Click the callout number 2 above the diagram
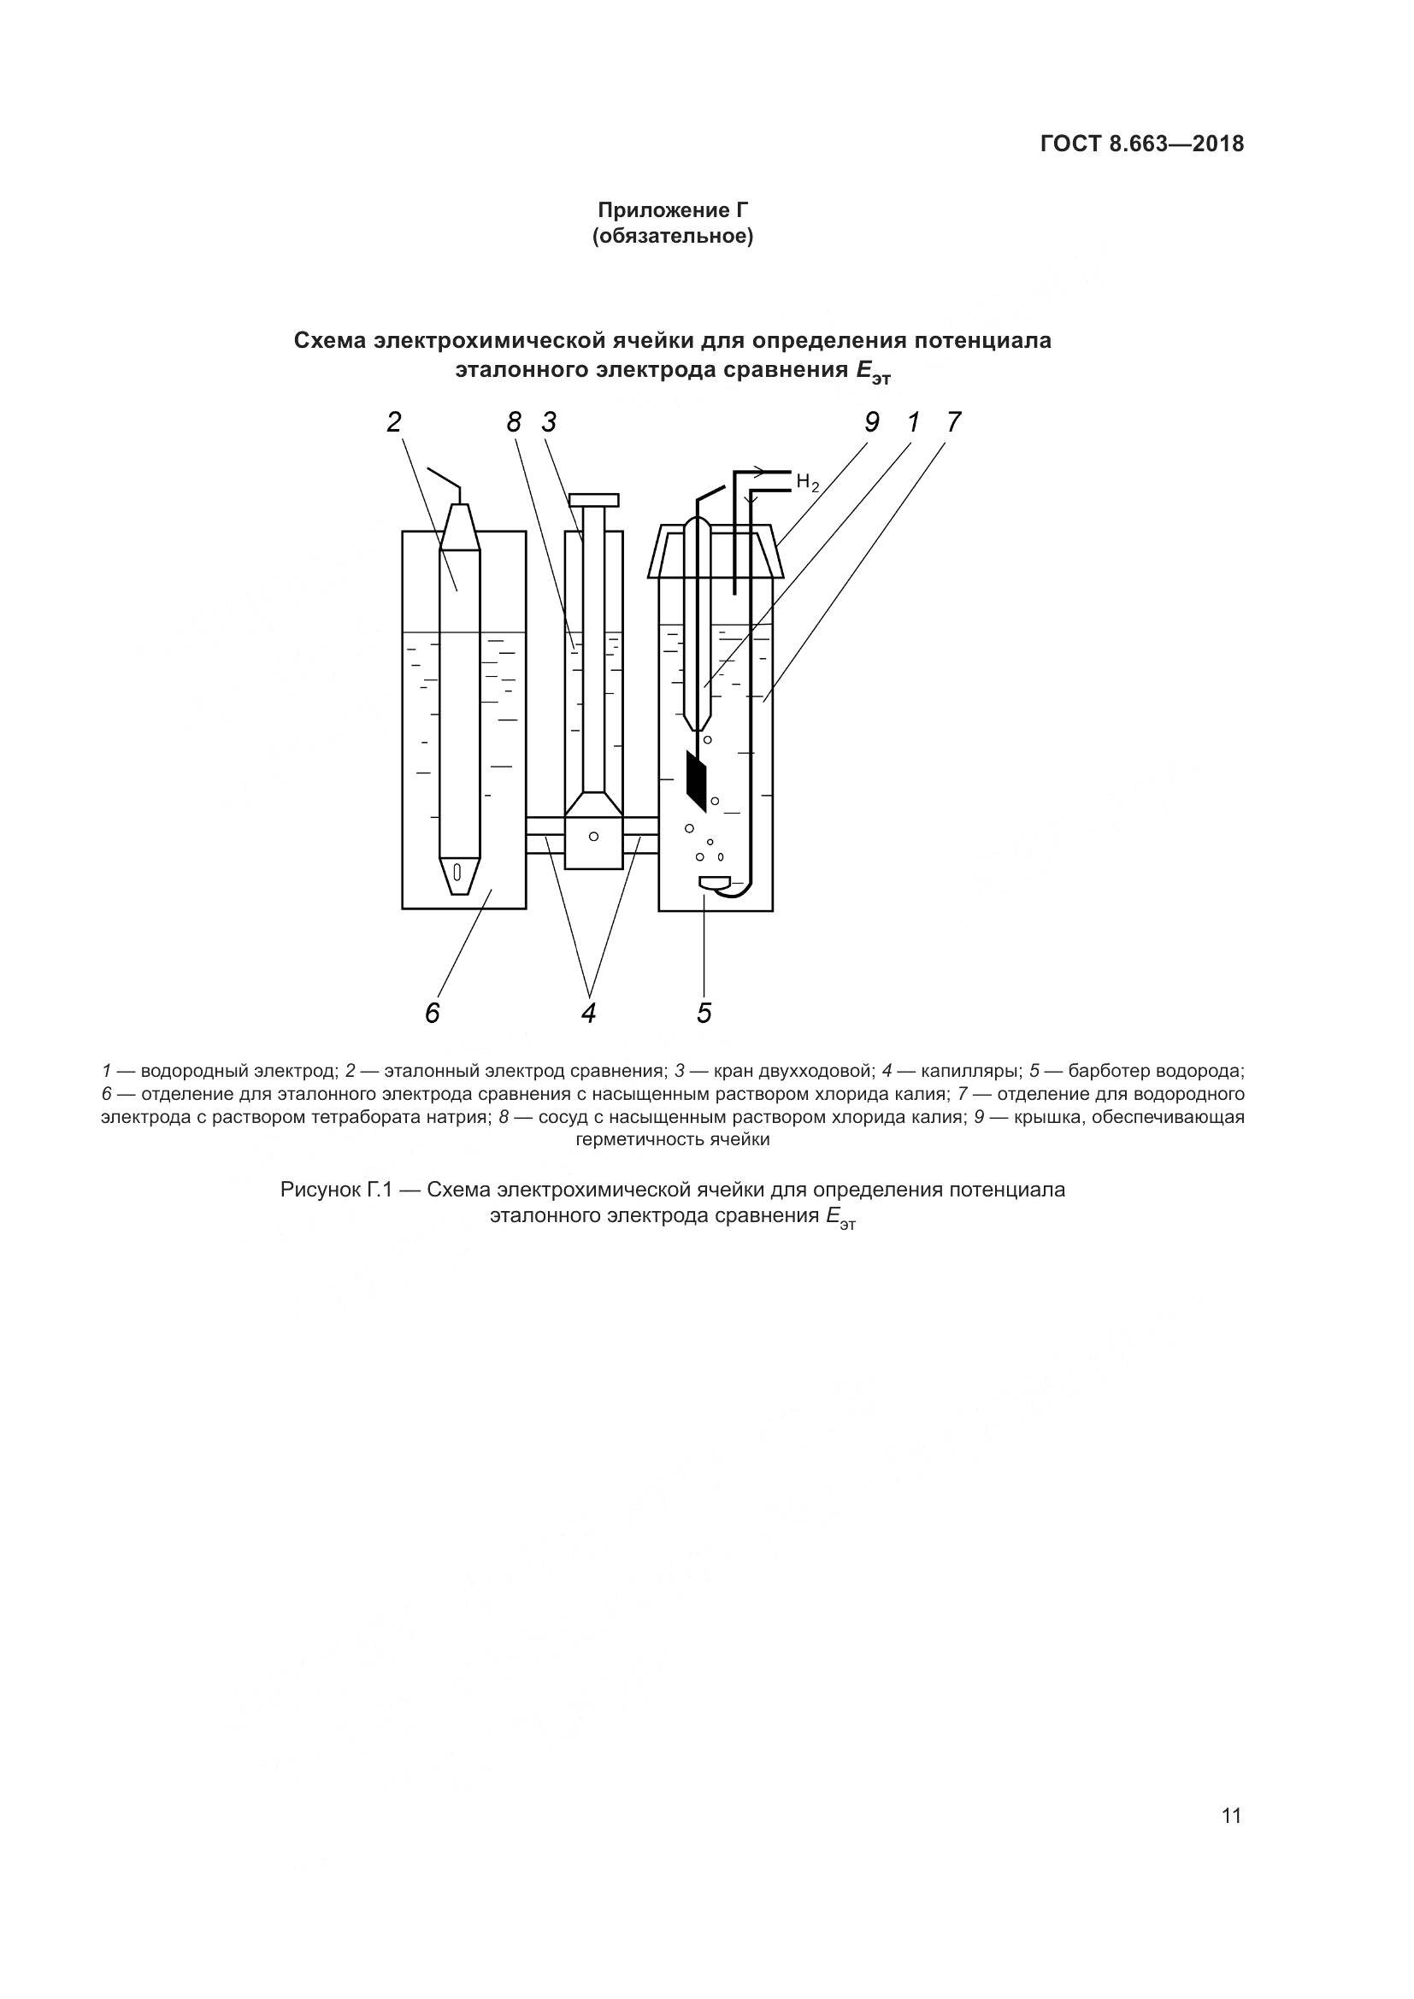394,422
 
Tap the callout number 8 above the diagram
514,422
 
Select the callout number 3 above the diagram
549,422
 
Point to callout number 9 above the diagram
871,422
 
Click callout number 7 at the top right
953,422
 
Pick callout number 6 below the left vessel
433,1013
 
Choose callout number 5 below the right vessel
704,1013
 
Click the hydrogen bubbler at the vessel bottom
716,884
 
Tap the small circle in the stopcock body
594,836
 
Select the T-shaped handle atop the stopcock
594,500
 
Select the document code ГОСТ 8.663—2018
1141,144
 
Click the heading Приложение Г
672,210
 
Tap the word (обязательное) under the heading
672,236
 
